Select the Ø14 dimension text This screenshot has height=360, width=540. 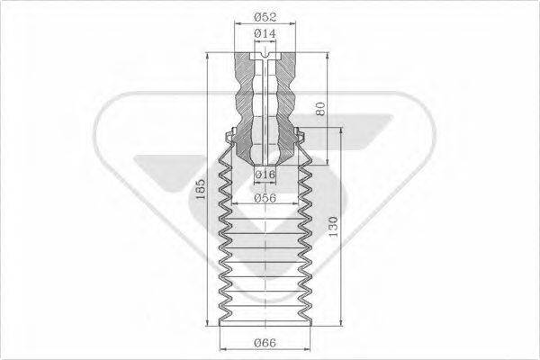click(x=264, y=34)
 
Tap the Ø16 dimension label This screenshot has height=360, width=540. click(x=264, y=173)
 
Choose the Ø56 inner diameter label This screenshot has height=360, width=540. click(x=264, y=197)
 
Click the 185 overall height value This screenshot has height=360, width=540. click(x=202, y=188)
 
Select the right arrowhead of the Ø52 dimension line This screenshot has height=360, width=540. click(x=295, y=27)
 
